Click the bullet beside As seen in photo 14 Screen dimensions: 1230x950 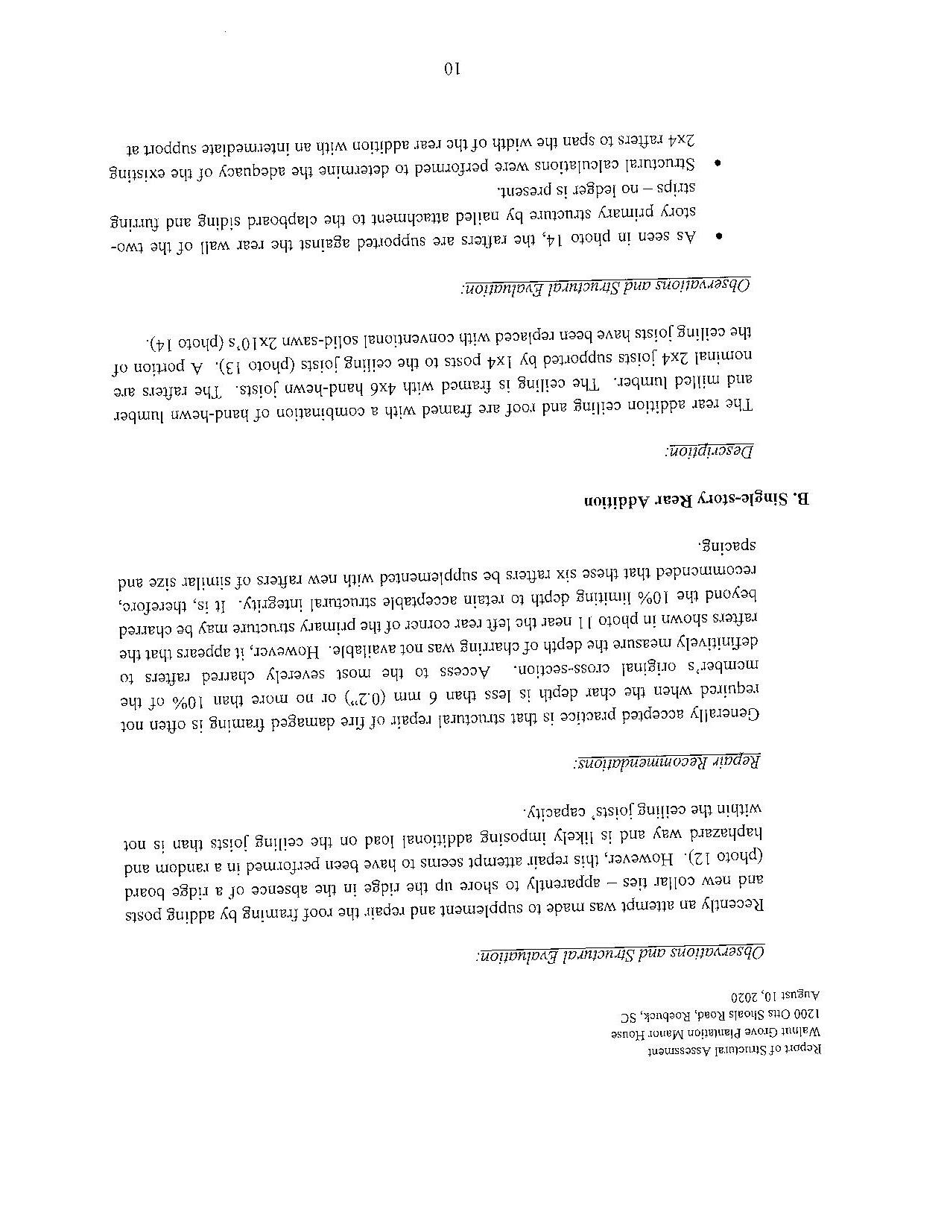tap(718, 237)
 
